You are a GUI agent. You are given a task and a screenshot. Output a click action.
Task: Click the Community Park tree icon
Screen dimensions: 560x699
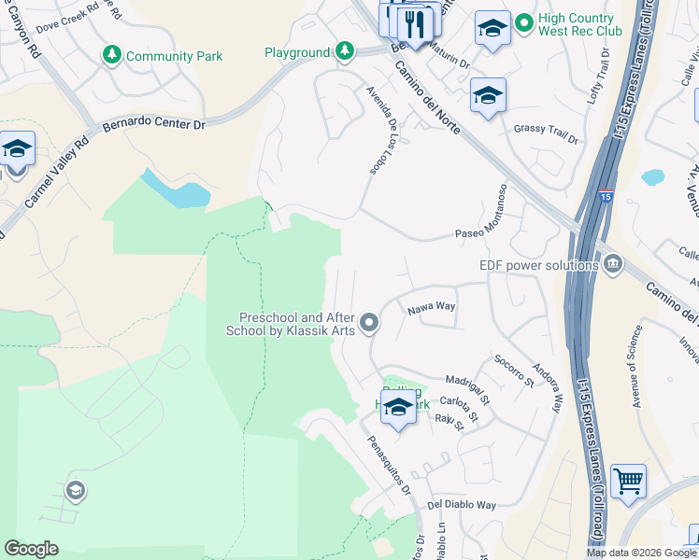coord(112,56)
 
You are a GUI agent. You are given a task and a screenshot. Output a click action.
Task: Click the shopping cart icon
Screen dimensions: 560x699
coord(628,482)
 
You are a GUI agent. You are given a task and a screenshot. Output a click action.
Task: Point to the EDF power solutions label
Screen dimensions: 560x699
coord(537,265)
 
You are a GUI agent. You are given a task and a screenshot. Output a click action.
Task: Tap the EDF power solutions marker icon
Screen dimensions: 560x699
coord(613,264)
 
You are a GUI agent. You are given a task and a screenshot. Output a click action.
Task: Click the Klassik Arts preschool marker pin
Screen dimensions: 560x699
coord(370,324)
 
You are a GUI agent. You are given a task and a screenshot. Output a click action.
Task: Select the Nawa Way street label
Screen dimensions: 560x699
coord(431,306)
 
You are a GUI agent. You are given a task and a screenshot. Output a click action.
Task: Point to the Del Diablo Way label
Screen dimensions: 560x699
coord(462,505)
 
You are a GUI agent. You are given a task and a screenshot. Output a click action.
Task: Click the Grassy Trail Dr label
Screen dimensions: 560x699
coord(547,129)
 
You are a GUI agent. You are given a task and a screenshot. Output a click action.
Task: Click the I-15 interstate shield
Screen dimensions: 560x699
coord(605,198)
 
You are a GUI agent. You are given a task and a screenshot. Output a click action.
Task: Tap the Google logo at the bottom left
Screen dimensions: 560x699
coord(31,549)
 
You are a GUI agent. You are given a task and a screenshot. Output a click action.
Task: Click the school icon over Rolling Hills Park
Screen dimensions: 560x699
coord(398,407)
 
